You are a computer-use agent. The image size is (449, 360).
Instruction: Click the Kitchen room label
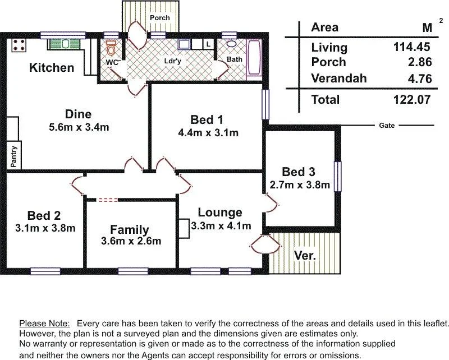pos(52,68)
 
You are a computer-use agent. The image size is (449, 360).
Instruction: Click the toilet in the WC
pos(111,48)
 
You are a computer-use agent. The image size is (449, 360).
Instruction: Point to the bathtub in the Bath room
pos(254,58)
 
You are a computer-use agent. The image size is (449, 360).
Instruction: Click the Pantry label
pos(14,156)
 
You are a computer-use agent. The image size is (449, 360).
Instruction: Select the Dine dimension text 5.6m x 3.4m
pos(79,127)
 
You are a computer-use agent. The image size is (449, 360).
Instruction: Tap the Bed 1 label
pos(207,119)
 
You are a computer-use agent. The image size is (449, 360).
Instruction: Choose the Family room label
pos(129,229)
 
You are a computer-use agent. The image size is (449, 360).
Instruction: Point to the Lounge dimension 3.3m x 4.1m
pos(221,225)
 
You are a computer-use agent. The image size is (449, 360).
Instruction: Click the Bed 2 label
pos(44,215)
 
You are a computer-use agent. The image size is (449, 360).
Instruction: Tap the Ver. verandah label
pos(305,255)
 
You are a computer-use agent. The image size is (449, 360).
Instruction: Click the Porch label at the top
pos(160,18)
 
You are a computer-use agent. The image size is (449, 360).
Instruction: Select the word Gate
pos(387,126)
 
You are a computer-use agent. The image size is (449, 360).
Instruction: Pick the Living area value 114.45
pos(413,48)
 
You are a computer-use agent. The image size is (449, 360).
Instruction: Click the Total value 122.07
pos(413,100)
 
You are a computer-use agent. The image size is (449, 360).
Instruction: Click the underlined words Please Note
pos(45,324)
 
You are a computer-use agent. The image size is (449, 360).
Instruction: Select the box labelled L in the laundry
pos(208,44)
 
